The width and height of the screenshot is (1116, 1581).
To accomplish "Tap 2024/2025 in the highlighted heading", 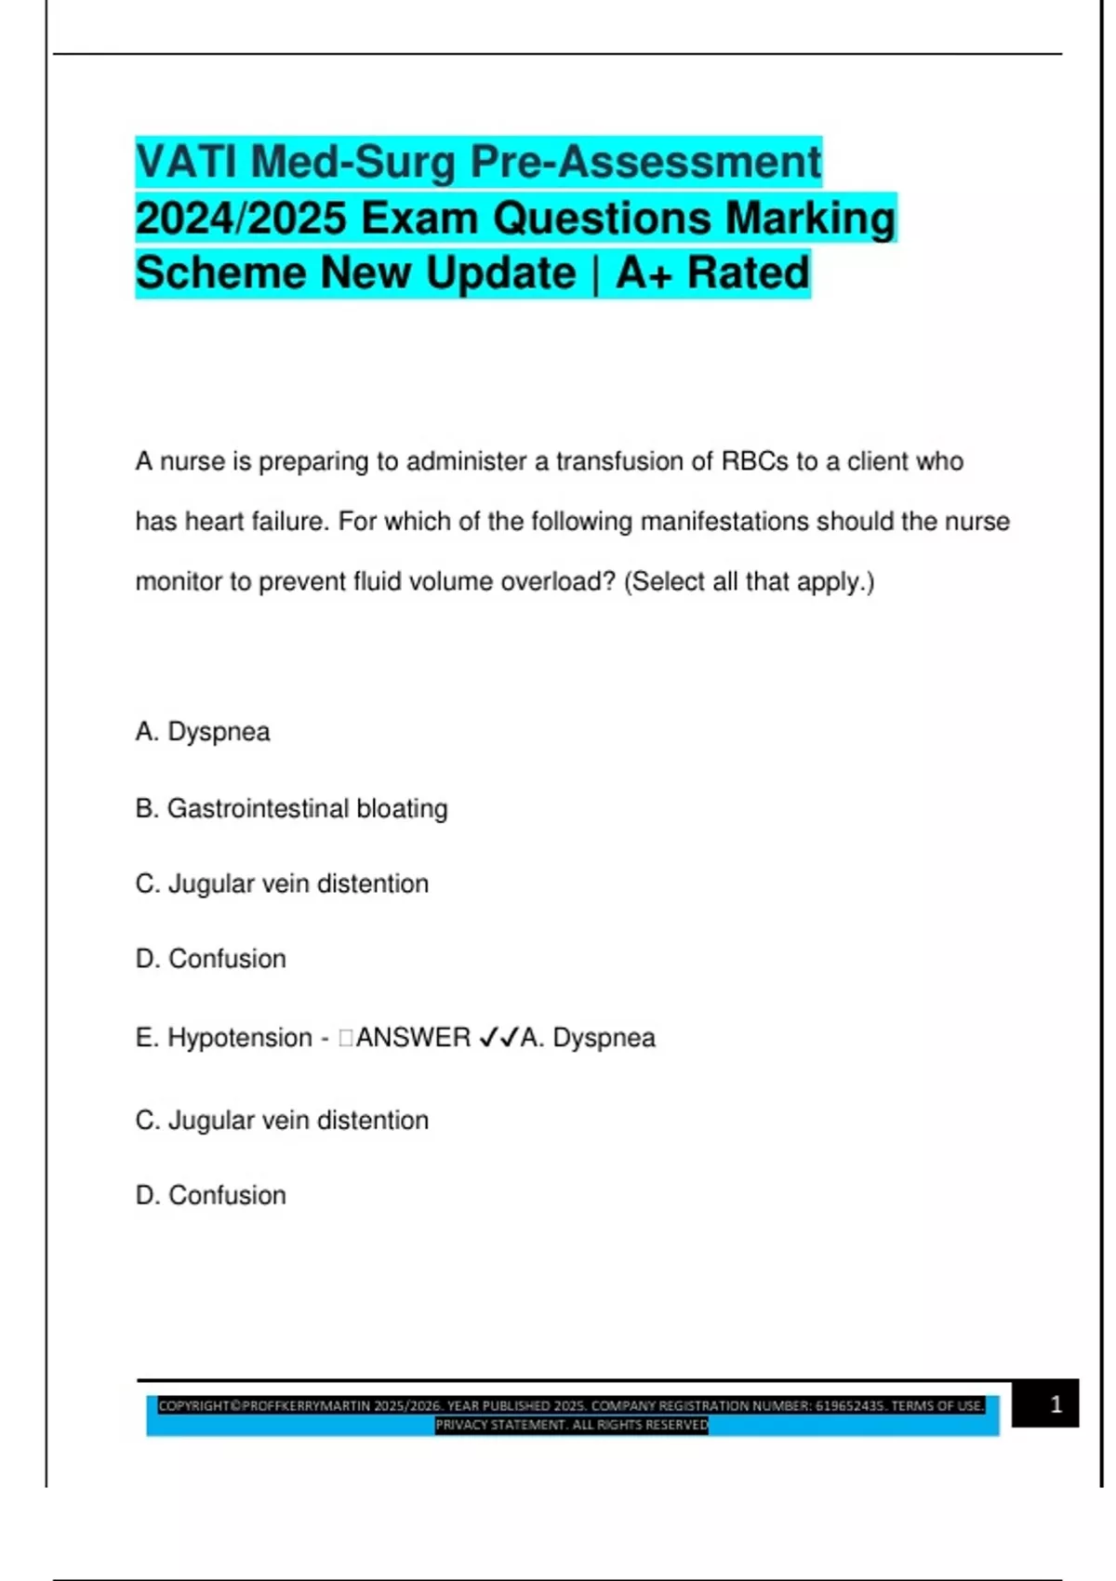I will (x=241, y=219).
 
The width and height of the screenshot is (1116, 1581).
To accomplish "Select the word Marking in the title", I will (x=810, y=219).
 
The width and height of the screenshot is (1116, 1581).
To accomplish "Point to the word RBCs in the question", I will (x=754, y=461).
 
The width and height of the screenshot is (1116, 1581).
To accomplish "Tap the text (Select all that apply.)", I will (x=749, y=582).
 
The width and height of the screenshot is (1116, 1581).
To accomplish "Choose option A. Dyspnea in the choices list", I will (x=203, y=732).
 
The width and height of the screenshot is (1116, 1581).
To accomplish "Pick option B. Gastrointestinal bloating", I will (x=291, y=809).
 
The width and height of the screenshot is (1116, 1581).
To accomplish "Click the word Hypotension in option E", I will (x=240, y=1038).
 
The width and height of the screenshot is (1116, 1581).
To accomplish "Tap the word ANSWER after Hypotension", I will (x=413, y=1038).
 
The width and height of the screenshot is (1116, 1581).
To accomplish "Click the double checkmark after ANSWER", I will (x=498, y=1038).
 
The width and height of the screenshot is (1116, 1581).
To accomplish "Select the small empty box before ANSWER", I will (x=346, y=1038).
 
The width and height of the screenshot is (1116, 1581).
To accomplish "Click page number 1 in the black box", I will (x=1056, y=1404).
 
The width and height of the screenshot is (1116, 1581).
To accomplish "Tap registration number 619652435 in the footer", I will (x=850, y=1406).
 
